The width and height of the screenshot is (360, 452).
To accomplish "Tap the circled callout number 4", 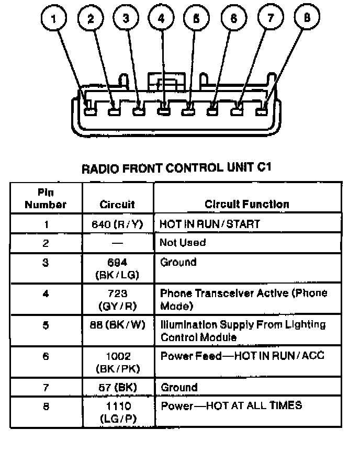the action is [161, 19].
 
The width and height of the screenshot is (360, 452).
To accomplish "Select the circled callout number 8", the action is [307, 18].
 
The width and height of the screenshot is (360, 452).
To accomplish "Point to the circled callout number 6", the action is [233, 19].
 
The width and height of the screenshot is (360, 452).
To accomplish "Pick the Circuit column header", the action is [117, 204].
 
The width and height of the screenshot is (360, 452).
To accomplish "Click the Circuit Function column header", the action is [246, 204].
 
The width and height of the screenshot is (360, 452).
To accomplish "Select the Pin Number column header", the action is [46, 198].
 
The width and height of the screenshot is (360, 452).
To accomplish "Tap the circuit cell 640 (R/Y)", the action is [118, 224].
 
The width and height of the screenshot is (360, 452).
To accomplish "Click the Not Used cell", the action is [183, 243].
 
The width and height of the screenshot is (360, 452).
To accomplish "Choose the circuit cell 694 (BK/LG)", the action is [117, 268].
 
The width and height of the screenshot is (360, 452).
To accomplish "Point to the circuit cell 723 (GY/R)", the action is [117, 299].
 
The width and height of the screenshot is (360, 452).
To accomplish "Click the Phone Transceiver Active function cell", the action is [243, 299].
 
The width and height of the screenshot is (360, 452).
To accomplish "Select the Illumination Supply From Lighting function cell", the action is [242, 331].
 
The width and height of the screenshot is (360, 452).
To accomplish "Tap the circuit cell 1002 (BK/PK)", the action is [117, 362].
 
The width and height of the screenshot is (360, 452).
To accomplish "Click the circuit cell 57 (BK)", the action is [117, 388].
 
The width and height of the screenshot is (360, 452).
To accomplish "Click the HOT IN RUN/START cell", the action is [210, 224].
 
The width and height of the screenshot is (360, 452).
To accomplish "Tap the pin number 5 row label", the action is [46, 325].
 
